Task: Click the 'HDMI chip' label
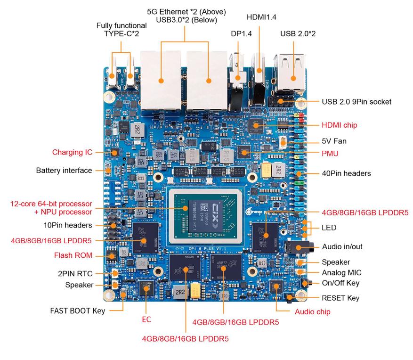pos(339,125)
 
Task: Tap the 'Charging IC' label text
pos(72,152)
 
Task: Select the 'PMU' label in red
pos(330,153)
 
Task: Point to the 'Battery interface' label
pos(64,170)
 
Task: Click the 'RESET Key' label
pos(340,298)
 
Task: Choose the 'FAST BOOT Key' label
pos(78,311)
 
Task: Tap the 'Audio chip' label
pos(312,311)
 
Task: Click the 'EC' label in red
pos(146,319)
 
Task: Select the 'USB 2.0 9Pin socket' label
pos(356,101)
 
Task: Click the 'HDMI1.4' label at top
pos(261,17)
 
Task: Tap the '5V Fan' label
pos(334,141)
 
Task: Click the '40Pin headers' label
pos(346,173)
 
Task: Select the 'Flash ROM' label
pos(73,256)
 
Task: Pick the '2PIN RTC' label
pos(75,273)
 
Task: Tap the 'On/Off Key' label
pos(340,283)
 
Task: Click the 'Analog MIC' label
pos(341,272)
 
